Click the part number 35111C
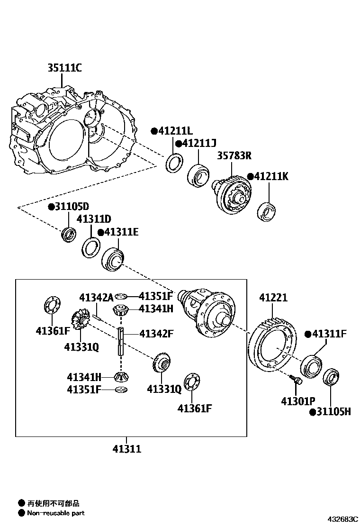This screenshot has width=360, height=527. (x=64, y=68)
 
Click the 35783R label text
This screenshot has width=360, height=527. (x=234, y=155)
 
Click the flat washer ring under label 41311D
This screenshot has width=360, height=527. (x=91, y=247)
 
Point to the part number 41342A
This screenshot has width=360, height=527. (x=96, y=298)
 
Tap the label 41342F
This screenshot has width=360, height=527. (x=156, y=334)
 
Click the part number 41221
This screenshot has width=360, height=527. (x=273, y=298)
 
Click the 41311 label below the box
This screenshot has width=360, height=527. (x=126, y=449)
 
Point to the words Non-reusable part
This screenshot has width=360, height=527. (x=55, y=513)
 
